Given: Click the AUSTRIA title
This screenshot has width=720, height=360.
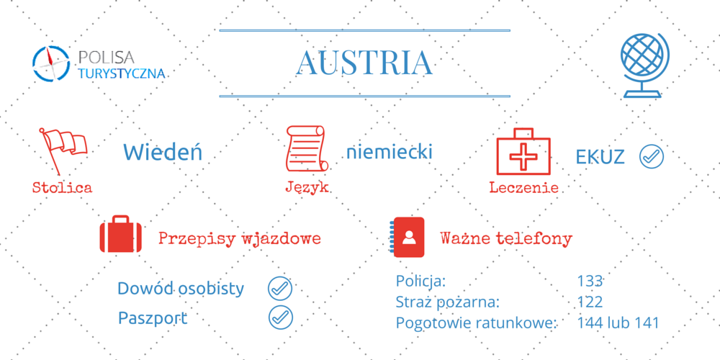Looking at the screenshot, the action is click(x=365, y=63).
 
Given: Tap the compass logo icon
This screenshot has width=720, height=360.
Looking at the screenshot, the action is click(x=51, y=64).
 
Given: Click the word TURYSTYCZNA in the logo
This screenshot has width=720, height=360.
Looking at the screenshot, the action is click(x=121, y=73).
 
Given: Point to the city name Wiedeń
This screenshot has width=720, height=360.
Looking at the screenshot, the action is click(x=163, y=153).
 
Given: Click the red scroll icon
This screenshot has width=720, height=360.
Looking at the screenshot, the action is click(x=306, y=149).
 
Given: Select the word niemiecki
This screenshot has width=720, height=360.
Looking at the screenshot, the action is click(x=390, y=152).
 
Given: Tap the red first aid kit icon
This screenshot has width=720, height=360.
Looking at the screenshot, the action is click(x=523, y=151).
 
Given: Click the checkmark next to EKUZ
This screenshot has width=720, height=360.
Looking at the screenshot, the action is click(x=651, y=156).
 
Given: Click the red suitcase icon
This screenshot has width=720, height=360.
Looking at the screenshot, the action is click(x=121, y=234).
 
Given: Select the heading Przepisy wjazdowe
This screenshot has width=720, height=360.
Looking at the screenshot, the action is click(x=239, y=239).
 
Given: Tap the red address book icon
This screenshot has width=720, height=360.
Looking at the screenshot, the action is click(x=408, y=237).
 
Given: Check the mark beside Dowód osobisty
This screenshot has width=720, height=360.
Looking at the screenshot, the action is click(x=280, y=289).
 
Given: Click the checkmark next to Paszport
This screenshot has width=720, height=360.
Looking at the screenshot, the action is click(x=280, y=318).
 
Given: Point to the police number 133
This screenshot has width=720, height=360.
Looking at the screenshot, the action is click(x=590, y=281).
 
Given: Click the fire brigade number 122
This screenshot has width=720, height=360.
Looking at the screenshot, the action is click(x=590, y=302).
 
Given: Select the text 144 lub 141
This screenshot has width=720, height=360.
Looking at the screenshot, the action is click(x=618, y=323).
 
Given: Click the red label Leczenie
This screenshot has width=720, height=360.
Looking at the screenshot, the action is click(x=523, y=187).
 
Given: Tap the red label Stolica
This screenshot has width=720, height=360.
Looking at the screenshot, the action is click(x=62, y=187).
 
